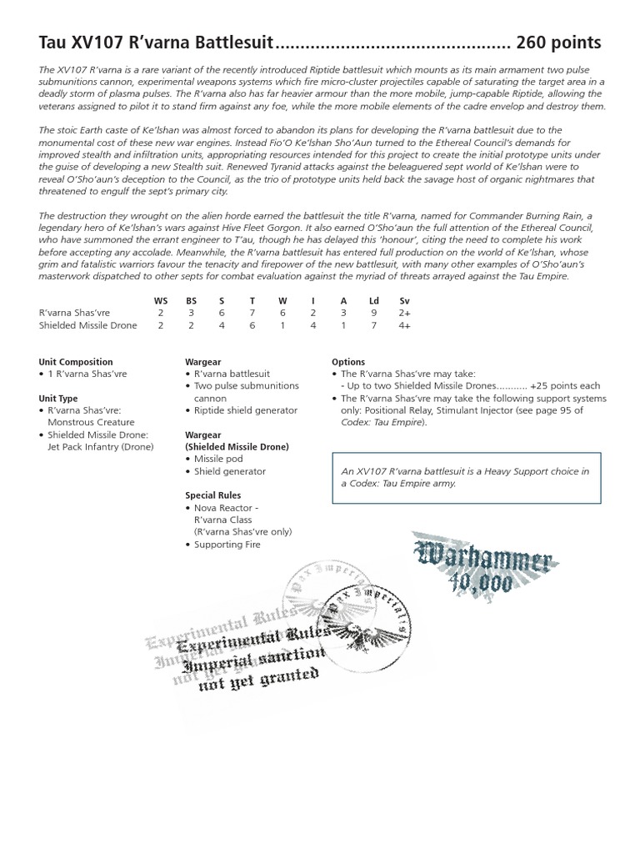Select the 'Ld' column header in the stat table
[x=374, y=300]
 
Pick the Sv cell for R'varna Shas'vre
[x=405, y=313]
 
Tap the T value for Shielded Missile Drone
[x=252, y=325]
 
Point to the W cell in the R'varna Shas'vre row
[x=282, y=313]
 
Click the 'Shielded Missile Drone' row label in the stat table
[x=87, y=325]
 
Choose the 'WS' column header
[x=160, y=300]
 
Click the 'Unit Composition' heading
[x=76, y=362]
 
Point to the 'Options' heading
[x=348, y=362]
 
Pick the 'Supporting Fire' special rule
[x=227, y=545]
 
